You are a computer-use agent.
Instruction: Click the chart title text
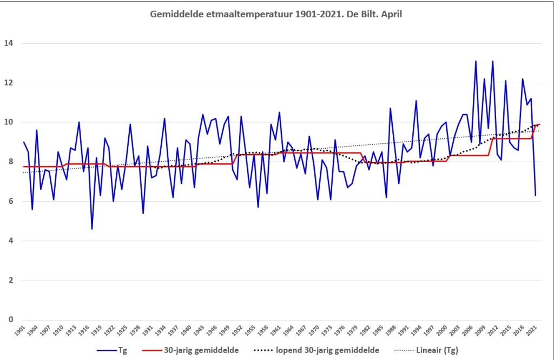click(276, 14)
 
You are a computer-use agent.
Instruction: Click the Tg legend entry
click(122, 350)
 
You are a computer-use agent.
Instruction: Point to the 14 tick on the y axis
click(9, 43)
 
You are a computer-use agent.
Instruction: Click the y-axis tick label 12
click(9, 83)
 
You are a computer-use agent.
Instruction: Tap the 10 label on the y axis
click(9, 122)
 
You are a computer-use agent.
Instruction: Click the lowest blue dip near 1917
click(92, 229)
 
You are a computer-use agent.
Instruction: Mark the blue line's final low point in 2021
click(536, 195)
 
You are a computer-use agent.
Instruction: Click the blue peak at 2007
click(476, 61)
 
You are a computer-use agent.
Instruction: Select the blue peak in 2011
click(492, 61)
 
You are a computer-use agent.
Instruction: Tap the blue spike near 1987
click(390, 108)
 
